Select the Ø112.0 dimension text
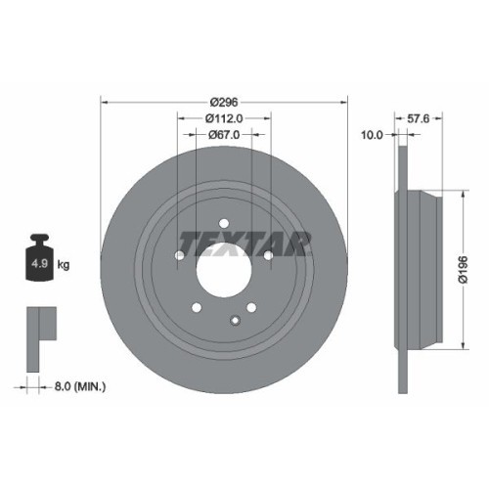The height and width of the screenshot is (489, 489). point(225,117)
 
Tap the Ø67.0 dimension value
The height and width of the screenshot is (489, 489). point(225,136)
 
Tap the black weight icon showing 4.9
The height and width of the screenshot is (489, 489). point(39,259)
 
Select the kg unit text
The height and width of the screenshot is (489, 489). point(64,264)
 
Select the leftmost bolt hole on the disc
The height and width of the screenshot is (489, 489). point(179,256)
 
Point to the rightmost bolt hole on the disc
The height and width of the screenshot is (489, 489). point(268,255)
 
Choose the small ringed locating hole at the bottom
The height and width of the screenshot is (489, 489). point(236,318)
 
